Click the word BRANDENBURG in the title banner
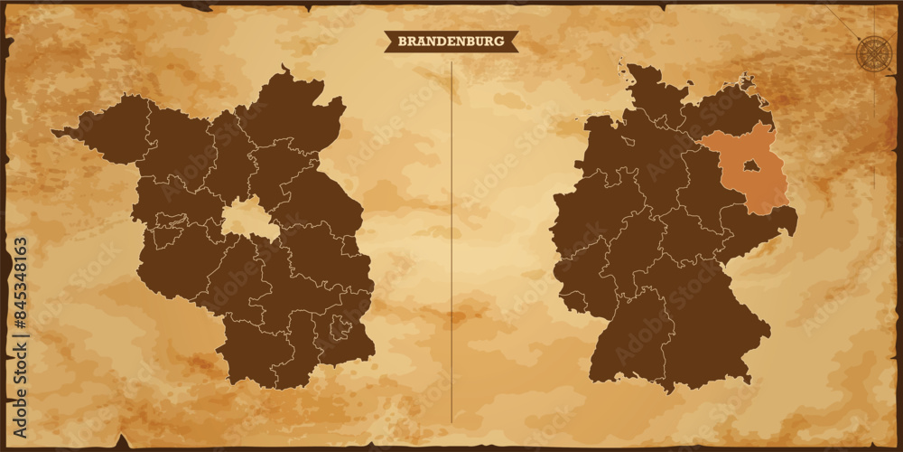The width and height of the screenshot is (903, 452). (x=451, y=41)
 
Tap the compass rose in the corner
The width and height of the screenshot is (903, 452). (x=872, y=52)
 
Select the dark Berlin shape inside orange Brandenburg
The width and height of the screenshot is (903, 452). (x=750, y=165)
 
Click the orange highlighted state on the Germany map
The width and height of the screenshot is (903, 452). (x=763, y=185)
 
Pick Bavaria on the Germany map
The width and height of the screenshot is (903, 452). (x=713, y=334)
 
